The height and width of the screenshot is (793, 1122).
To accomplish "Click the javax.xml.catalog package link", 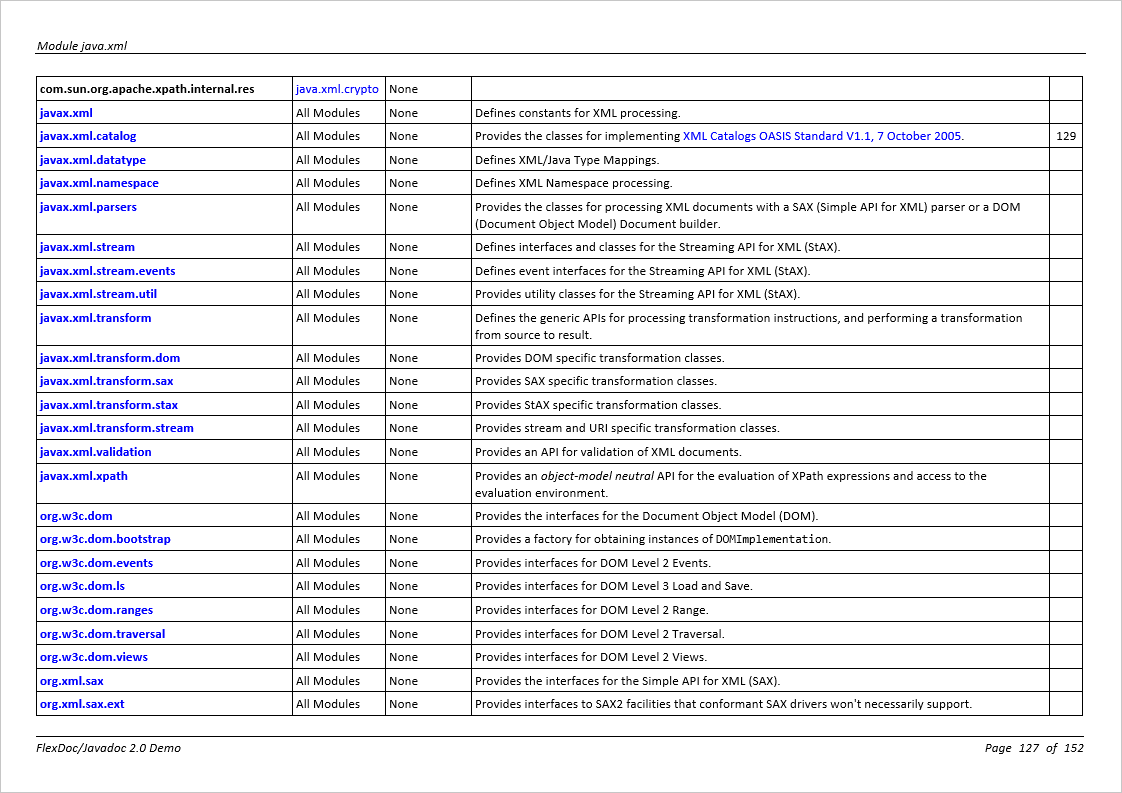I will (x=88, y=136).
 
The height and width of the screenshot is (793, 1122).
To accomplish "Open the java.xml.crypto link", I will (x=337, y=89).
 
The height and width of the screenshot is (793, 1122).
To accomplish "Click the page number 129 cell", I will (x=1066, y=136).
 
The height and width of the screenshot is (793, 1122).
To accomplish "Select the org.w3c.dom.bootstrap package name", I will (x=105, y=539).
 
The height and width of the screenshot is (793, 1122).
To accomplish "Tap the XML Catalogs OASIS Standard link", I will (x=822, y=136).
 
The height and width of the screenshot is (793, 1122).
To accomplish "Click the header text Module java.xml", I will (x=82, y=46).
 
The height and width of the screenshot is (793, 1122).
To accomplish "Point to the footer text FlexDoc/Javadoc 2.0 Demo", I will (x=108, y=748).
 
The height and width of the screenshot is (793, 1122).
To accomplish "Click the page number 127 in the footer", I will (x=1029, y=748).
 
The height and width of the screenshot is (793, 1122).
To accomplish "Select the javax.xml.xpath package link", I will (x=84, y=476).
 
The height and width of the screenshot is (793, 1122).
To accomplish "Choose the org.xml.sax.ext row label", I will (x=82, y=704).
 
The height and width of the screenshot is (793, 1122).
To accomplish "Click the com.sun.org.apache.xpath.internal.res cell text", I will (x=147, y=89).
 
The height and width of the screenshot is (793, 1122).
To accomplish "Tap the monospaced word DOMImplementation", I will (x=772, y=540).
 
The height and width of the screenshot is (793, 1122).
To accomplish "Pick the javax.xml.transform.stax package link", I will (x=109, y=405).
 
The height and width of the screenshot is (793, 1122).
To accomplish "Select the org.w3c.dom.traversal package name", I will (x=103, y=634).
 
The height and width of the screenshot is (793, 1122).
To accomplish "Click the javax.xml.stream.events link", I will (x=107, y=271).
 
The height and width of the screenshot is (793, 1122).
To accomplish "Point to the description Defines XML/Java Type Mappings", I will (x=567, y=160).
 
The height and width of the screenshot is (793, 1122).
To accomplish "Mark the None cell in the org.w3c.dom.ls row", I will (x=404, y=586).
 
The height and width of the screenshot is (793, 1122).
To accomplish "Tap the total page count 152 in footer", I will (x=1074, y=748).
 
